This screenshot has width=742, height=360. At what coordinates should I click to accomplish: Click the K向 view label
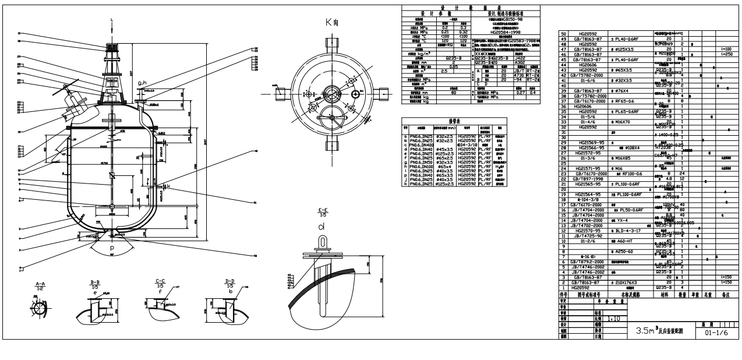coord(333,22)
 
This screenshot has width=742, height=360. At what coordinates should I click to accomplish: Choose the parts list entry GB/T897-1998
coord(589,178)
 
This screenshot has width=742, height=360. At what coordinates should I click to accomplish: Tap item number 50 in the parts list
coord(563,34)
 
